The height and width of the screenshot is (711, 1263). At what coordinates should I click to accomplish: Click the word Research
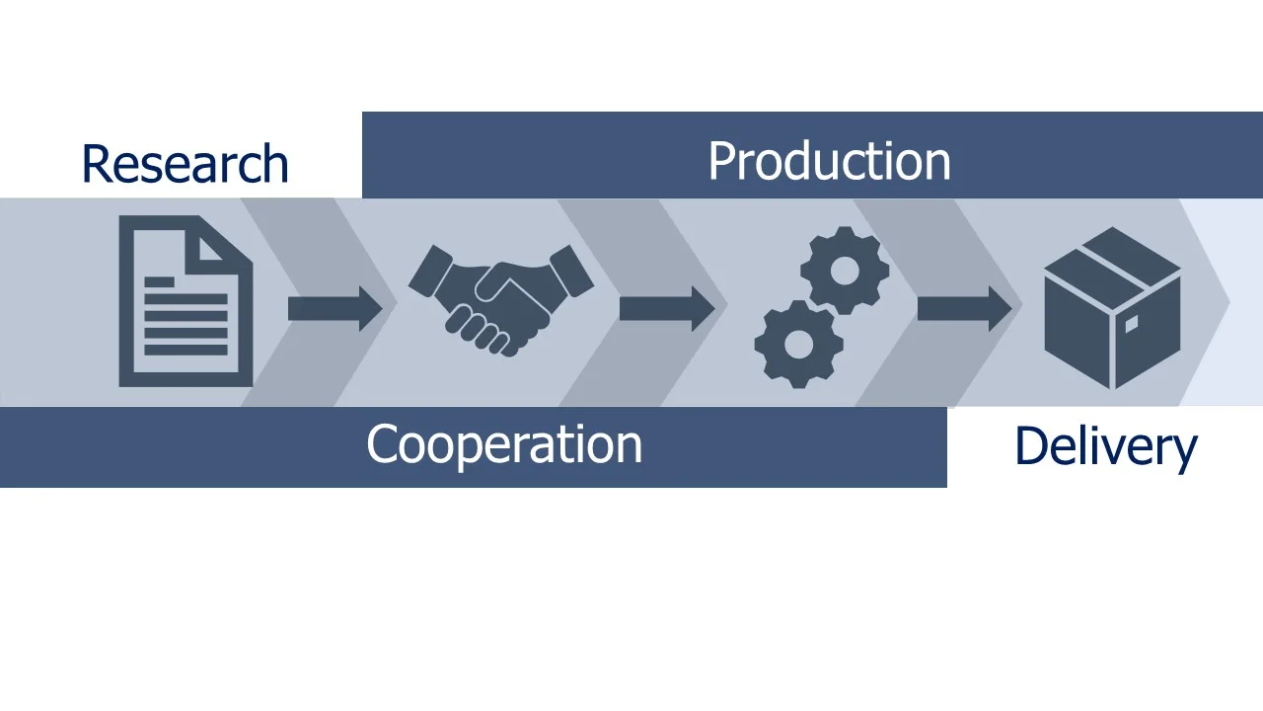(x=185, y=164)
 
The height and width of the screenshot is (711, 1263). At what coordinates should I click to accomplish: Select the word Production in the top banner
(x=829, y=161)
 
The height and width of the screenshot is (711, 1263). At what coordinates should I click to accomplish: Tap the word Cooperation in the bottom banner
(x=503, y=444)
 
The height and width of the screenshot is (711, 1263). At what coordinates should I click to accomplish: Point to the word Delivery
(x=1105, y=446)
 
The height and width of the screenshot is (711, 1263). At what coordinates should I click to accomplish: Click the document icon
(x=186, y=301)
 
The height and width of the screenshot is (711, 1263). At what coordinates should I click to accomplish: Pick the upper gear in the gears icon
(x=844, y=270)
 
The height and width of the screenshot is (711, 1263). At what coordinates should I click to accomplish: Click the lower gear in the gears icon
(x=798, y=344)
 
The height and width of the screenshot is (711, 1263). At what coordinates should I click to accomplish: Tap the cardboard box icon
(x=1112, y=307)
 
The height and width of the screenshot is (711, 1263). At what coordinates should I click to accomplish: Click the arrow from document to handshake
(x=334, y=308)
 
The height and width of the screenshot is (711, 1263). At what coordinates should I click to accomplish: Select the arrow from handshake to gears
(x=666, y=308)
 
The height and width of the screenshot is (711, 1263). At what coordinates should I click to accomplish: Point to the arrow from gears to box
(x=964, y=308)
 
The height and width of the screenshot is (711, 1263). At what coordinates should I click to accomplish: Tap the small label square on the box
(x=1131, y=324)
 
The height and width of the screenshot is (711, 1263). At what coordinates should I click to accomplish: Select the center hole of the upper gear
(x=844, y=270)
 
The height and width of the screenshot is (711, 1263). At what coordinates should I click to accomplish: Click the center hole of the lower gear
(x=798, y=344)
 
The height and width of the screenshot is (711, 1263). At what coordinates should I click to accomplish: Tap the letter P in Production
(x=721, y=162)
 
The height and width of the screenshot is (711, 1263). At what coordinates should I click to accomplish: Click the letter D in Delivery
(x=1029, y=446)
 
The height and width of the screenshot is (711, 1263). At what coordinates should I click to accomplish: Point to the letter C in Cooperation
(x=382, y=444)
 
